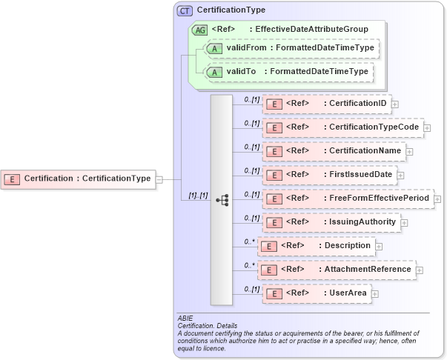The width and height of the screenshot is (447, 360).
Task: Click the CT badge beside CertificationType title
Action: coord(185,10)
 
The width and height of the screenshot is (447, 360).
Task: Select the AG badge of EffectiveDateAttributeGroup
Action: coord(199,30)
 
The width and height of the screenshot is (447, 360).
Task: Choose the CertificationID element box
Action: coord(326,104)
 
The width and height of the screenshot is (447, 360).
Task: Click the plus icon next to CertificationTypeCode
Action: coord(428,127)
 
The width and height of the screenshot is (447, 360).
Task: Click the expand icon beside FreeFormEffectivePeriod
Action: coord(437,199)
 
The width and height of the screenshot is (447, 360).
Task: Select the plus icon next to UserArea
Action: coord(374,294)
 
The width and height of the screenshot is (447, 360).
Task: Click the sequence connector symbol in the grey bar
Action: coord(222,199)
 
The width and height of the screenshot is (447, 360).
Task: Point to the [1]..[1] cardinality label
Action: coord(197,196)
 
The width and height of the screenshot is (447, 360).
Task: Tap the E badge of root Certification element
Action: coord(13,179)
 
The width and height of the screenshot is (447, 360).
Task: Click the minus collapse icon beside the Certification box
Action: coord(159,179)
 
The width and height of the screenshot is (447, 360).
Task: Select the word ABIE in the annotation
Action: coord(185,317)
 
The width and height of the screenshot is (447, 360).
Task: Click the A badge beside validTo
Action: coord(214,73)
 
